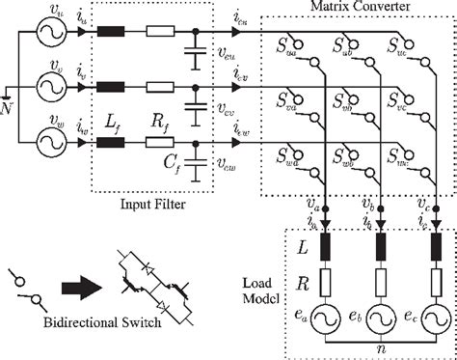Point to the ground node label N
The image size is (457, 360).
[x=8, y=107]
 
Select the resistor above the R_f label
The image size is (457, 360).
[x=158, y=141]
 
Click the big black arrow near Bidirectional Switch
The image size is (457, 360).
[x=81, y=287]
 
